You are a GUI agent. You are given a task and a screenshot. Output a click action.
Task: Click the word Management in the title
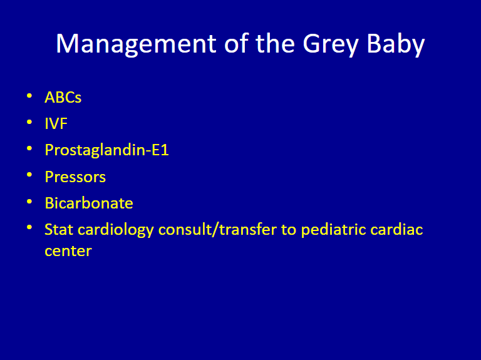136,44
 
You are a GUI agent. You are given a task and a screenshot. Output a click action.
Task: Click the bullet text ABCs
63,98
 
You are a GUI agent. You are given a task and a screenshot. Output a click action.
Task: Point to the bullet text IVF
56,124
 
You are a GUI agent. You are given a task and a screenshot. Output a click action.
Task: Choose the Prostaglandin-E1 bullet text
106,150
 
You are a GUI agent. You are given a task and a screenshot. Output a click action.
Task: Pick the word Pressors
75,177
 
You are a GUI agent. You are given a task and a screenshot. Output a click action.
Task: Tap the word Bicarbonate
89,203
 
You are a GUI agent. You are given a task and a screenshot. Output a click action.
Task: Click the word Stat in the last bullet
59,229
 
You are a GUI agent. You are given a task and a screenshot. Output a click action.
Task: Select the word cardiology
116,230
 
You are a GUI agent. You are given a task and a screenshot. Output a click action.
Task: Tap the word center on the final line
68,251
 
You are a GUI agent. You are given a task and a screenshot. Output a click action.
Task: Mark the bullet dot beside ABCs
29,96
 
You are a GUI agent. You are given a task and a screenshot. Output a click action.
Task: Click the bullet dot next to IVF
29,122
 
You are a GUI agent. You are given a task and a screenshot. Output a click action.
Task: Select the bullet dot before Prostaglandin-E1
29,148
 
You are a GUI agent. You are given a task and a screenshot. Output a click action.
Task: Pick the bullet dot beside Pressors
29,175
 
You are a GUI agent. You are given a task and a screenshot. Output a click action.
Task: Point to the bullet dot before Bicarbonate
29,201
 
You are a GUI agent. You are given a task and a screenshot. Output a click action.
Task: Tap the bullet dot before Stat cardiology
29,227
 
